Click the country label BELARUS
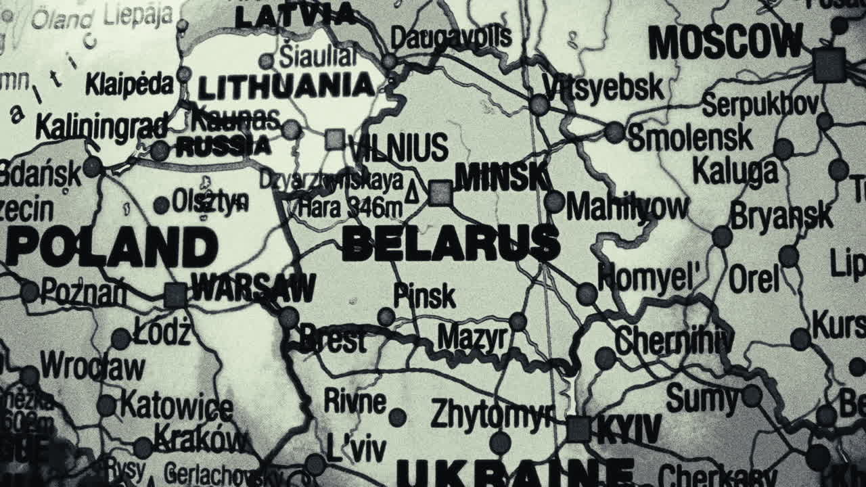(x=451, y=243)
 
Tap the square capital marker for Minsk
(x=440, y=193)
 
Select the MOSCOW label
(x=725, y=42)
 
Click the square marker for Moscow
(x=829, y=65)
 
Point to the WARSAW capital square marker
(x=175, y=295)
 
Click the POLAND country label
(x=112, y=247)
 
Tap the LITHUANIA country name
(x=286, y=87)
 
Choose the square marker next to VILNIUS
(x=334, y=139)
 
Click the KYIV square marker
(x=578, y=429)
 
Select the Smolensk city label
(x=690, y=137)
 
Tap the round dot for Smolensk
(x=614, y=132)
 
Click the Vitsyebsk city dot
(x=539, y=105)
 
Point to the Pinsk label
(x=424, y=296)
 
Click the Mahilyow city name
(x=627, y=206)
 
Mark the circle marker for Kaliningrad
(x=160, y=150)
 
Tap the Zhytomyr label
(x=492, y=413)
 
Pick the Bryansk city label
(x=781, y=216)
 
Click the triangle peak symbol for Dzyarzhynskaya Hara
(x=411, y=195)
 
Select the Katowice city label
(x=177, y=405)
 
